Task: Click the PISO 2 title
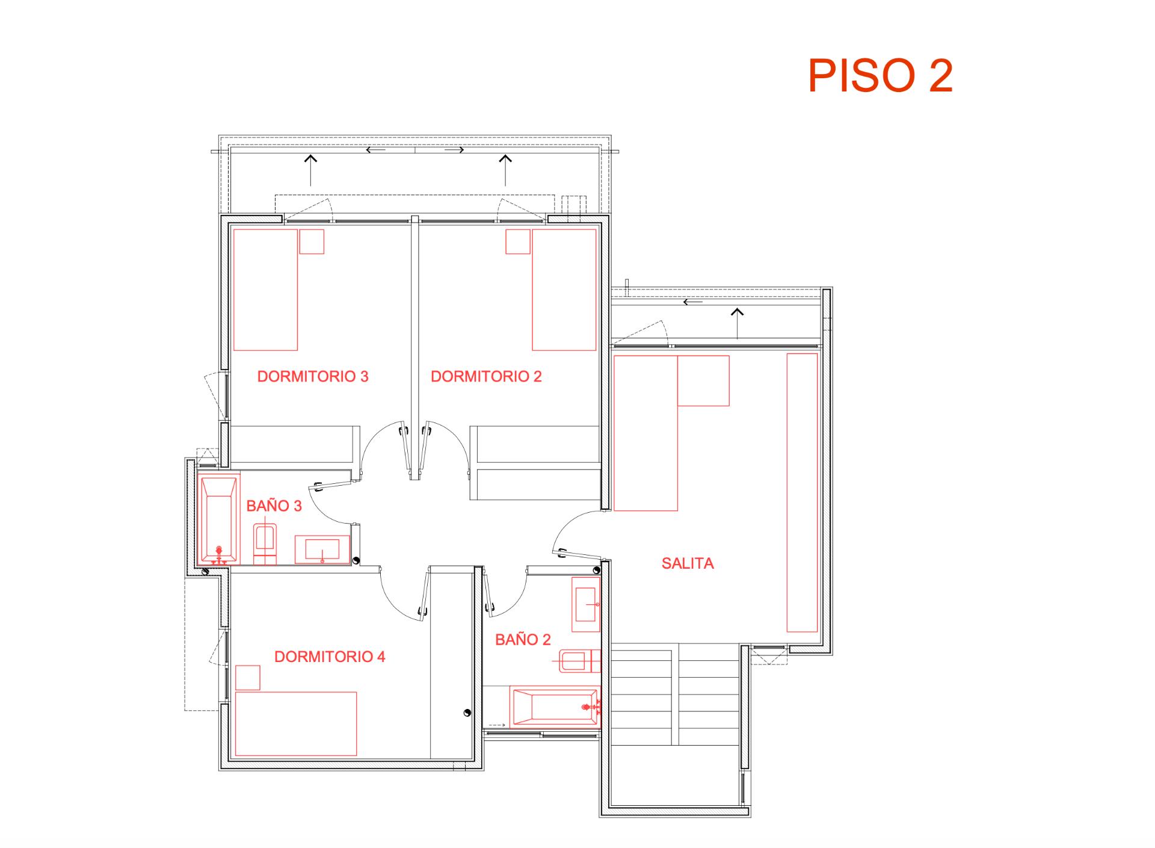click(x=880, y=76)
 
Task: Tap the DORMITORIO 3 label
click(x=313, y=377)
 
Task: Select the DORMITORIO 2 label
click(x=486, y=377)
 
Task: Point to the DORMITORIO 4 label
click(x=330, y=657)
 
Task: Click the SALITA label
click(x=688, y=564)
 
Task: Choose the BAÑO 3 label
click(x=274, y=506)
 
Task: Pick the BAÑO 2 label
click(x=523, y=640)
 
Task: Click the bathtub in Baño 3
click(x=218, y=519)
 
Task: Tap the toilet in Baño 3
click(x=265, y=542)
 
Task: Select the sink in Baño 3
click(x=322, y=549)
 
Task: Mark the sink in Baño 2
click(x=585, y=604)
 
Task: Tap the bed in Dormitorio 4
click(x=296, y=723)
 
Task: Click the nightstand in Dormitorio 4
click(x=247, y=678)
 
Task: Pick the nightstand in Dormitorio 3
click(x=312, y=241)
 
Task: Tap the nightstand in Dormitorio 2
click(x=517, y=241)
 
